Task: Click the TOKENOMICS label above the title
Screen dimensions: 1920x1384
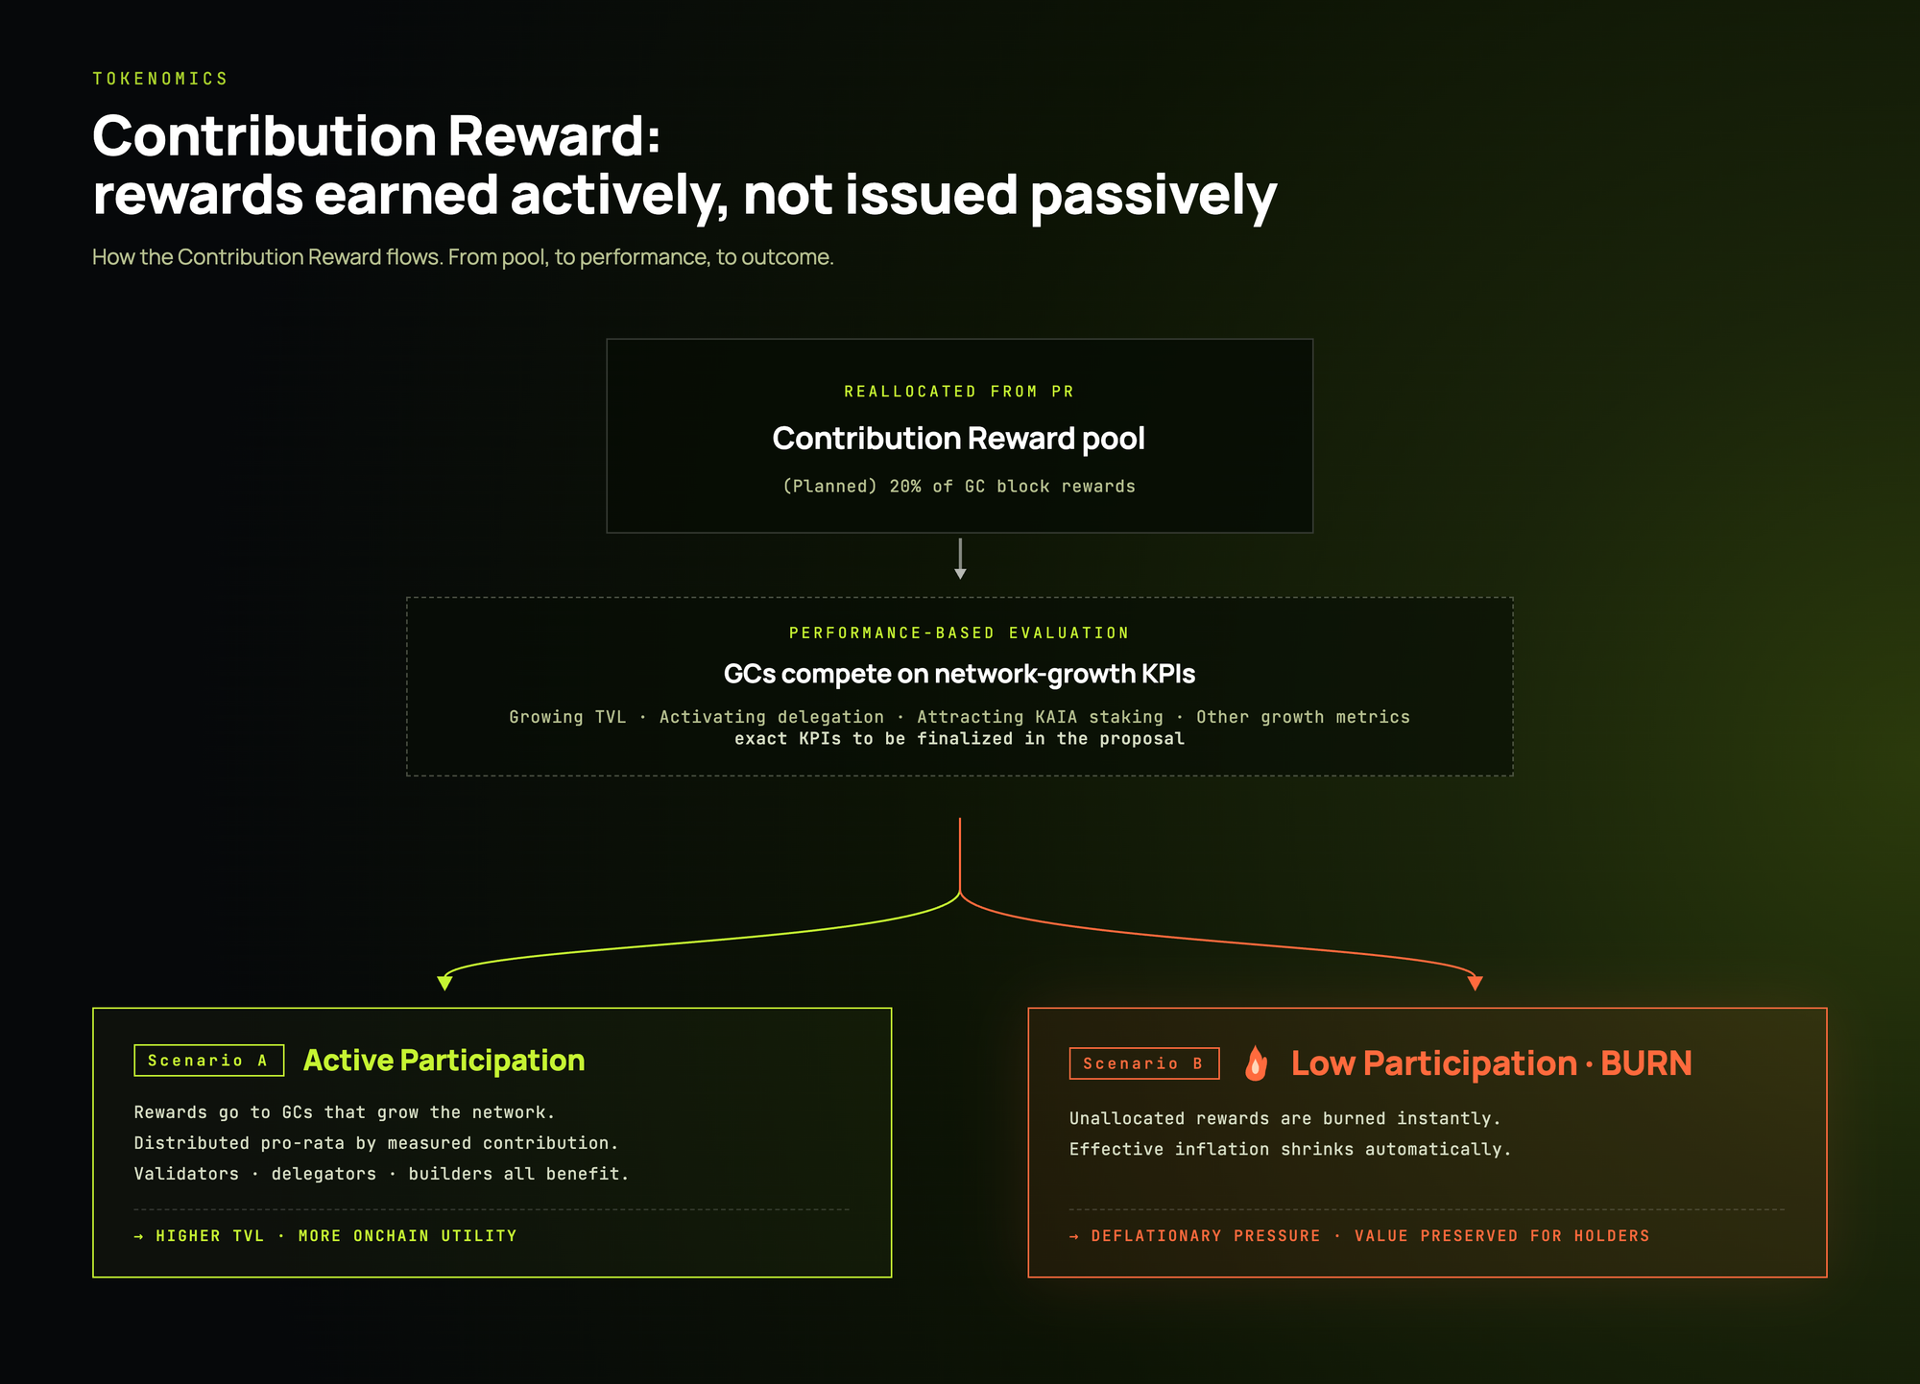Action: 160,79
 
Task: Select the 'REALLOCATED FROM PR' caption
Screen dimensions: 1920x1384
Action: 959,392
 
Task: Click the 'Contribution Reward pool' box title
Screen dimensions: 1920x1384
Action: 959,439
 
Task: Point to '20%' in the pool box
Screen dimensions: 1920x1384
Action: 905,487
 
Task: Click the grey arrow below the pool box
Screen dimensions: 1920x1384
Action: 960,559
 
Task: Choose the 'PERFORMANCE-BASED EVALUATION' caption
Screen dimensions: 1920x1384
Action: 959,633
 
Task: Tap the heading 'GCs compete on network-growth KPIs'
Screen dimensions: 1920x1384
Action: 959,675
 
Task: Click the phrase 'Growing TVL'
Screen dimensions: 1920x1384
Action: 567,717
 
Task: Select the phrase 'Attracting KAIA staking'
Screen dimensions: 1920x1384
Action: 1040,717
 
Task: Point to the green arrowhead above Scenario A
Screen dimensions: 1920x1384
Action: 444,983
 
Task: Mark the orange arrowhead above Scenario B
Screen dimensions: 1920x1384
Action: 1476,983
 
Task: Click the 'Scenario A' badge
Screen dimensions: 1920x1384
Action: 209,1061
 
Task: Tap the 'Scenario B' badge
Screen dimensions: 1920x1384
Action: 1144,1063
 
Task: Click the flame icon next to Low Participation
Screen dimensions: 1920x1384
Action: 1256,1063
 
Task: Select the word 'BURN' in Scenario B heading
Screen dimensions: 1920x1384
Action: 1646,1063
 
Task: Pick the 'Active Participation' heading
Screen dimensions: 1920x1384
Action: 444,1061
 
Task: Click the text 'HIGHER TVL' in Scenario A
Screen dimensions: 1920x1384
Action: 210,1236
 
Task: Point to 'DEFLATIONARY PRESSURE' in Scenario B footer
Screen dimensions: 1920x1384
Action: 1206,1236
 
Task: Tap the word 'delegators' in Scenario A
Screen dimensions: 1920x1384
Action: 324,1174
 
